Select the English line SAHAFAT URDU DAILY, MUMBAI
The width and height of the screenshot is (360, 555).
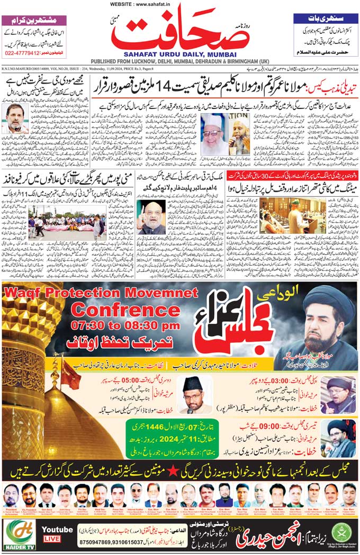click(181, 54)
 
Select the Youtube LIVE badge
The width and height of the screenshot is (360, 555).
click(57, 533)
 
